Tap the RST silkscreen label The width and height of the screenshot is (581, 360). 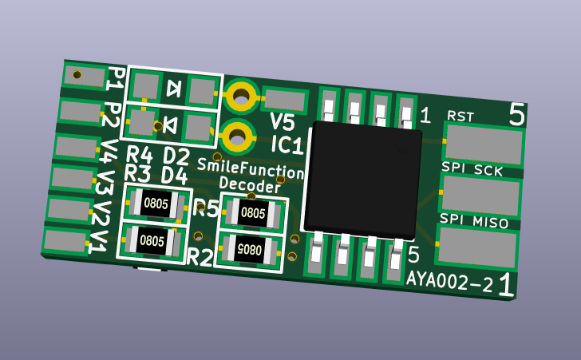click(460, 116)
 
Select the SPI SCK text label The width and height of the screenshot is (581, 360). click(472, 169)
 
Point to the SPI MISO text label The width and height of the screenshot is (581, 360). click(474, 221)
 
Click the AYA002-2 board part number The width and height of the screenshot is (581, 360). click(450, 281)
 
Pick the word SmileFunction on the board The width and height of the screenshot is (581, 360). click(251, 168)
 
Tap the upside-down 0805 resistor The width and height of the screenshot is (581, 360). click(250, 250)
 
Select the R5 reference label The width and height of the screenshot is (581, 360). click(206, 209)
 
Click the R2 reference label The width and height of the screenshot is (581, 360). click(200, 257)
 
